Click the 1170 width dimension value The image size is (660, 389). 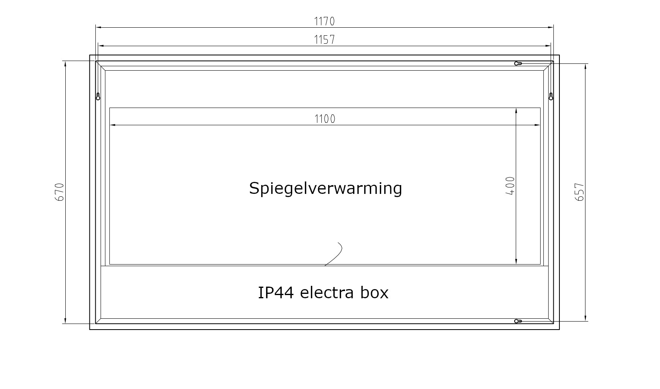325,21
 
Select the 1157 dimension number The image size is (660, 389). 325,40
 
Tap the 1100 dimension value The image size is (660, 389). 325,119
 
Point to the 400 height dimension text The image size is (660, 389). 510,186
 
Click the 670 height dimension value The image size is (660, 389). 60,192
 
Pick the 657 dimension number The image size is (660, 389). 579,192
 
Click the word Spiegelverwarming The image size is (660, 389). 325,189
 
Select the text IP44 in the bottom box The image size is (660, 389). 276,293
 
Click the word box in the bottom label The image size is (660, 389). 375,293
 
